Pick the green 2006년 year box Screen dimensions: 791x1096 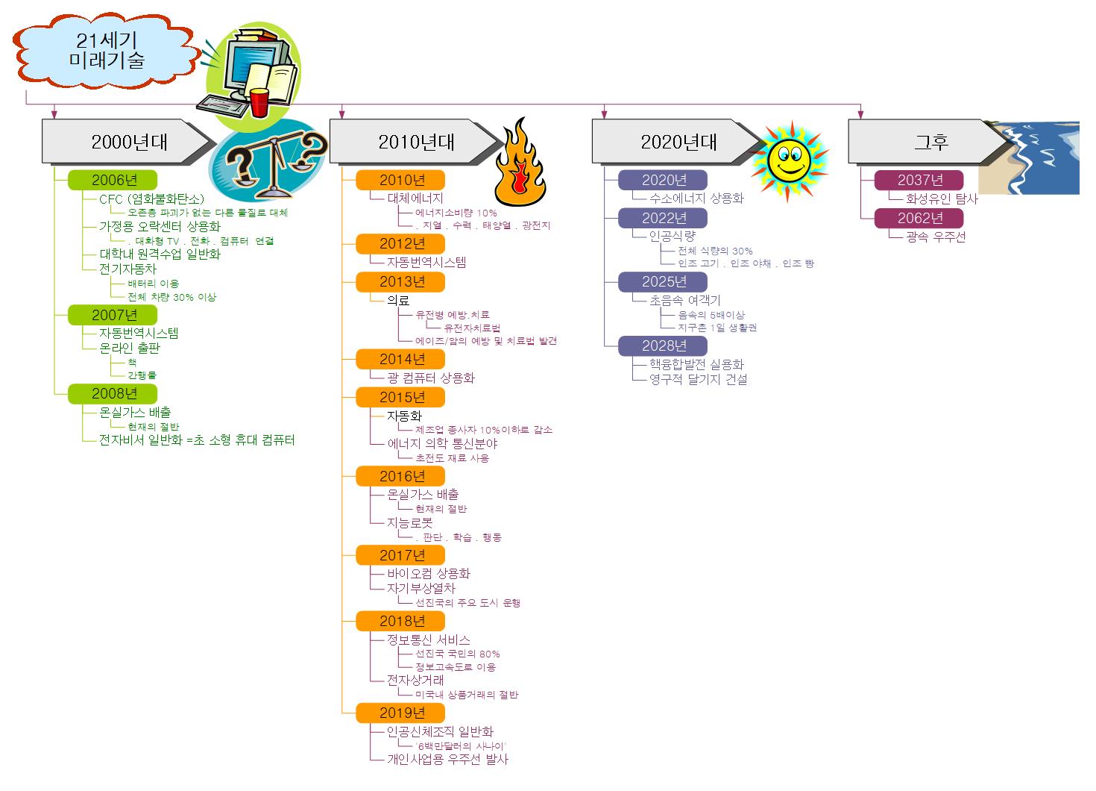113,180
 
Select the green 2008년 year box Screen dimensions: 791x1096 113,393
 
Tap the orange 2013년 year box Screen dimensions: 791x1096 401,281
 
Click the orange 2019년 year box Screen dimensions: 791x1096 401,713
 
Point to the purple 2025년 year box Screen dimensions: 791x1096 664,281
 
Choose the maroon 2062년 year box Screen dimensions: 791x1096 919,218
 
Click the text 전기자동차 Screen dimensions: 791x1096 128,269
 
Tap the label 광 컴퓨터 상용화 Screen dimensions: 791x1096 431,378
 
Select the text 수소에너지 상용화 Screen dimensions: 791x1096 696,198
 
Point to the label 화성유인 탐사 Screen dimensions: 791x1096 942,198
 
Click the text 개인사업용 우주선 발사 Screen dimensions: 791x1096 447,759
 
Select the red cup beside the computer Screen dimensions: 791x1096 259,102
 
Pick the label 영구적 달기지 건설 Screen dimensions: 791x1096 698,379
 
